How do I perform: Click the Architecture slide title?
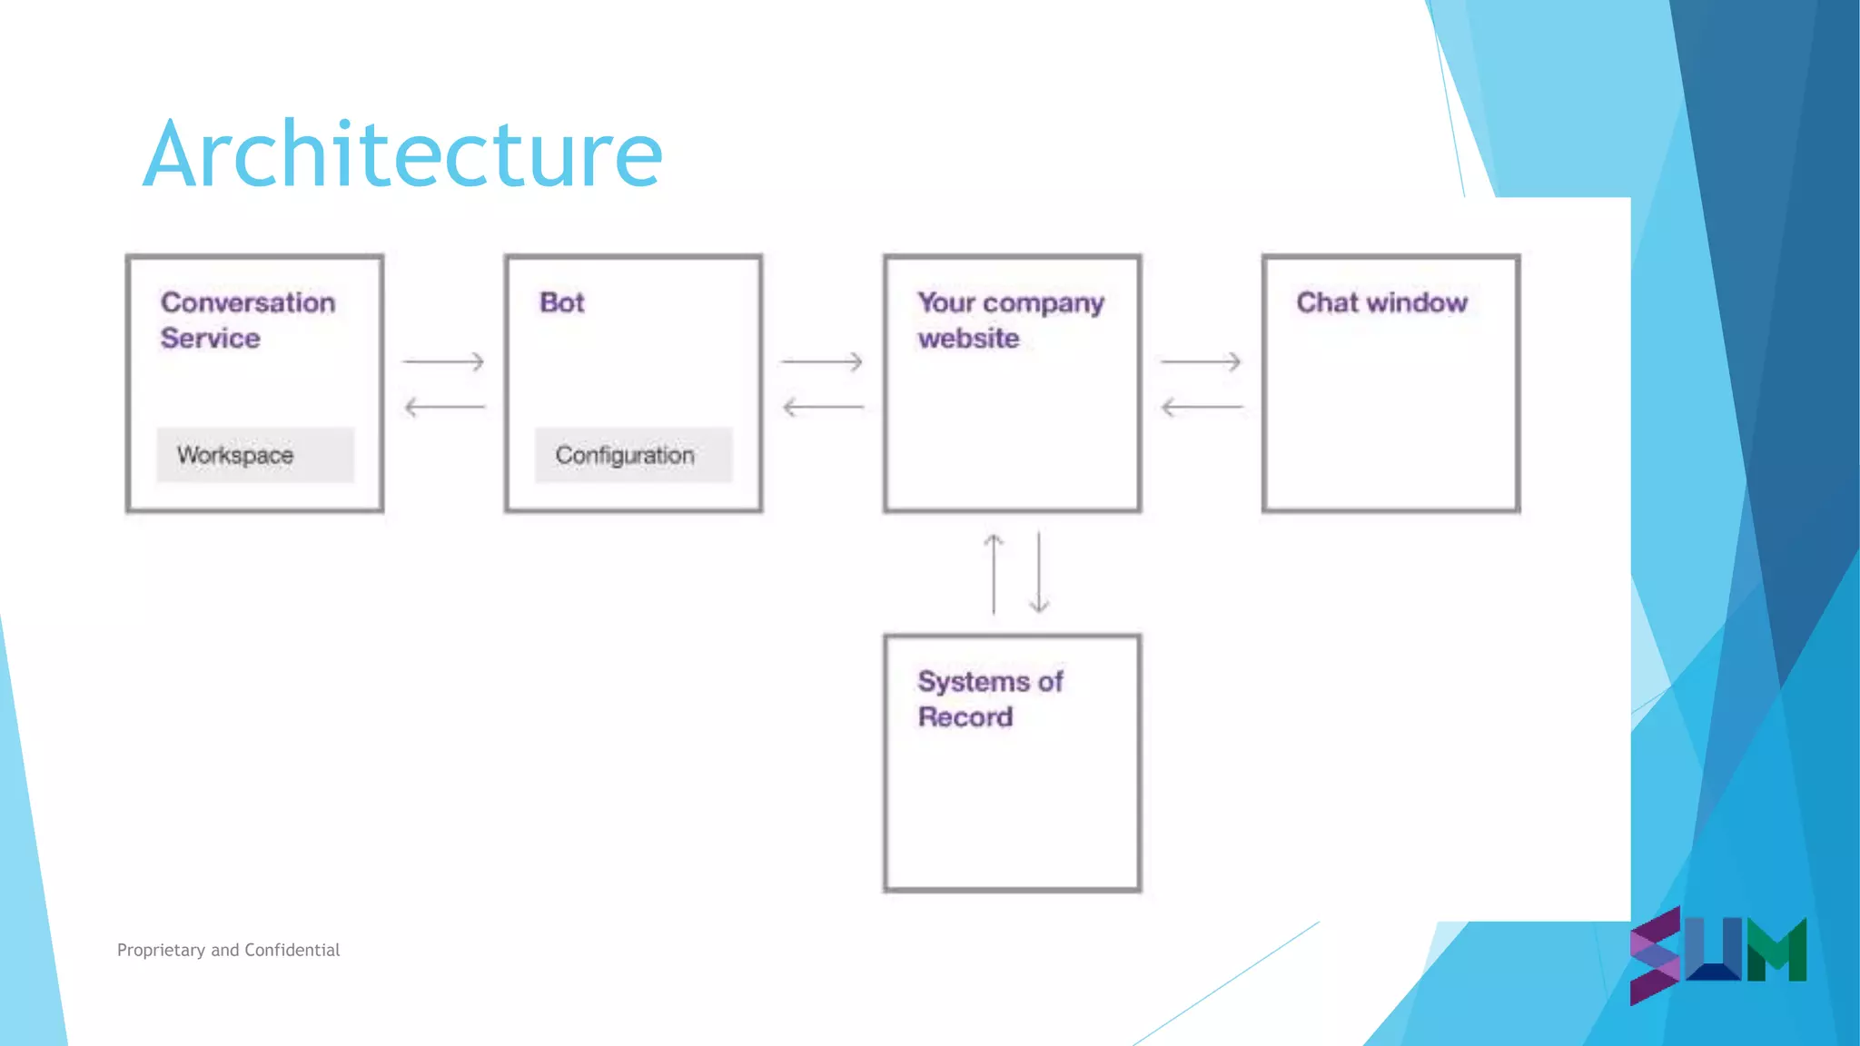(x=403, y=154)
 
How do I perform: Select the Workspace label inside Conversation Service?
(x=235, y=455)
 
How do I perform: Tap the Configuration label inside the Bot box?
(x=625, y=455)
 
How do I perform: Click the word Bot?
(x=562, y=302)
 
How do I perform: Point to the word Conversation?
(x=248, y=302)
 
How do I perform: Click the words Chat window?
(x=1381, y=302)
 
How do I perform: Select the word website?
(x=968, y=339)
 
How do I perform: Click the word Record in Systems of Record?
(x=965, y=717)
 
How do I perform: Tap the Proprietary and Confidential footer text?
(x=229, y=950)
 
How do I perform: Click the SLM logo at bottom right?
(x=1717, y=953)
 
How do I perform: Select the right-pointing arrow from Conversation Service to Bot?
(x=443, y=362)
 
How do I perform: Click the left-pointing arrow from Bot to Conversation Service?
(x=444, y=407)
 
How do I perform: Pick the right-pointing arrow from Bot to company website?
(x=822, y=362)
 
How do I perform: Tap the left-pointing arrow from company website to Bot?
(x=823, y=407)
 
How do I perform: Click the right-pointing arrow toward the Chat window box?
(x=1201, y=362)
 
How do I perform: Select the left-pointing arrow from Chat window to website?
(x=1202, y=407)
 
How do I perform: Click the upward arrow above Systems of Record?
(x=994, y=574)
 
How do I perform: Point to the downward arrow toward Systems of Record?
(x=1039, y=574)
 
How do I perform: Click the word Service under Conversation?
(x=211, y=339)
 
